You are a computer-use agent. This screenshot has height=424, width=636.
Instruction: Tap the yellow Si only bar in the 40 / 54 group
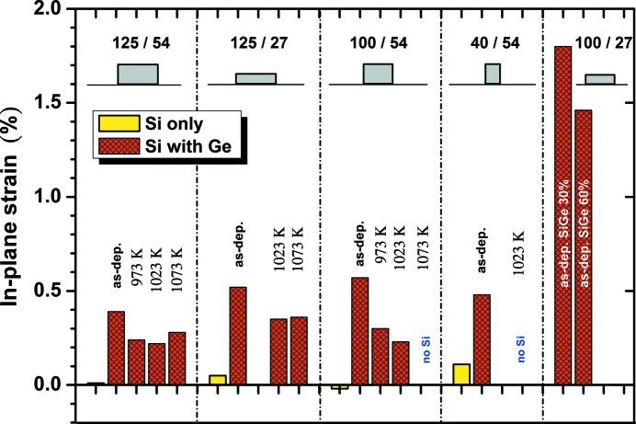pos(461,373)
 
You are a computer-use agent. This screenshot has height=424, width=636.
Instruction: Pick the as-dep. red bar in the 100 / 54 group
pos(360,330)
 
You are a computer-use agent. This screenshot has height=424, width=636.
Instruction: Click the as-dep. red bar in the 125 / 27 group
pos(239,335)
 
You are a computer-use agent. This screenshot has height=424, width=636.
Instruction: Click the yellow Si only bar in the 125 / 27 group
pos(218,379)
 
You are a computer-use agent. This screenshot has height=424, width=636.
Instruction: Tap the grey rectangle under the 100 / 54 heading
pos(378,74)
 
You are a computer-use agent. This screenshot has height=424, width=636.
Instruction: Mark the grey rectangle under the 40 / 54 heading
pos(493,74)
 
